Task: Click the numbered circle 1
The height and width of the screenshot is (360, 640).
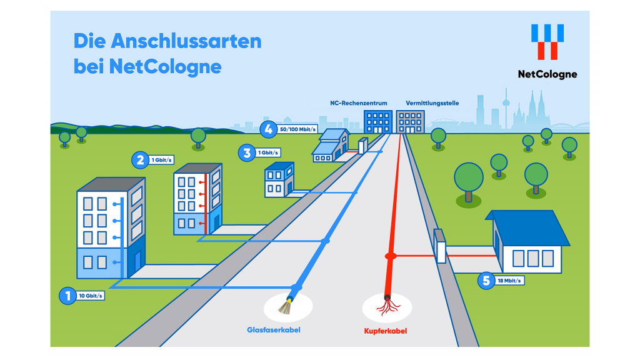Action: click(67, 296)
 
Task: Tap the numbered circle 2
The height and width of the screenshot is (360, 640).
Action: click(140, 160)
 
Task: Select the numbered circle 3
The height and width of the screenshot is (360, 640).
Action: click(246, 153)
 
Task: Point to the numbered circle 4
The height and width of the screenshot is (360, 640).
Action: click(268, 129)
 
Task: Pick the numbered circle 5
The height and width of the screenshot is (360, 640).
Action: click(486, 281)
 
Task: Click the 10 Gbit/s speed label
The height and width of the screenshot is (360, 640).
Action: click(91, 296)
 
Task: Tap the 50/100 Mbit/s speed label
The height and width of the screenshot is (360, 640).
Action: click(297, 129)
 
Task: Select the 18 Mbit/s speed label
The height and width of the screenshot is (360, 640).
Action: click(509, 281)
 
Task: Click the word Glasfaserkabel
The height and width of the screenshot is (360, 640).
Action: click(274, 330)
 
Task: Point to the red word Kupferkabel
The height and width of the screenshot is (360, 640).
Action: click(385, 331)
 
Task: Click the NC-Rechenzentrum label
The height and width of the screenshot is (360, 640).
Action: click(358, 103)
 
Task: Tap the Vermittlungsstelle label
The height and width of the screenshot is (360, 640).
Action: click(432, 103)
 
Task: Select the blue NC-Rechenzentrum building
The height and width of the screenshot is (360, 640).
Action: click(378, 122)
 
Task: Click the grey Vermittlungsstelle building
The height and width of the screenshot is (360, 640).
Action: click(410, 122)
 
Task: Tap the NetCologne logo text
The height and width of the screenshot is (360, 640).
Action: click(547, 74)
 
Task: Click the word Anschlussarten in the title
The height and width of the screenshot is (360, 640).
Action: click(186, 41)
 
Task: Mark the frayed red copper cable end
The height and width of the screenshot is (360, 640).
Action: click(387, 306)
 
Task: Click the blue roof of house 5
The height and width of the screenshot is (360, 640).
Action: click(529, 227)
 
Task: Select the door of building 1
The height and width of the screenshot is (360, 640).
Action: click(137, 262)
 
